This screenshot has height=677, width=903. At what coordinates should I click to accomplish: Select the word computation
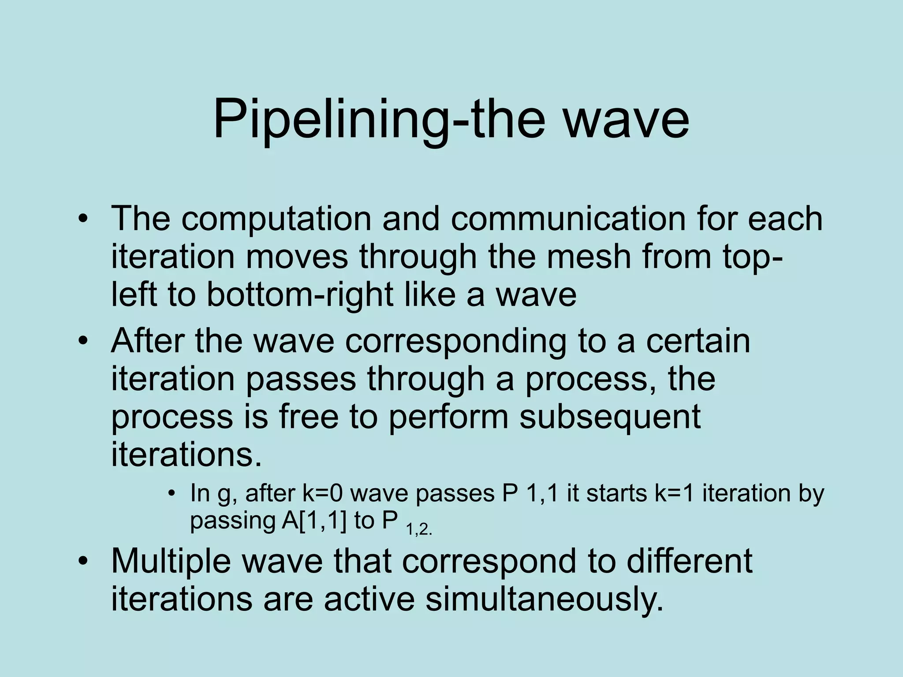[276, 219]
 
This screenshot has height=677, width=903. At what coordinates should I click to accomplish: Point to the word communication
[568, 219]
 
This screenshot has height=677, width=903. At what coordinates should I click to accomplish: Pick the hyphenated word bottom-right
[300, 294]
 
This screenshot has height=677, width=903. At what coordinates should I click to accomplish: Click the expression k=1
[674, 493]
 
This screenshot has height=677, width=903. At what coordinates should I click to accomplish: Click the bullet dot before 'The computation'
[82, 219]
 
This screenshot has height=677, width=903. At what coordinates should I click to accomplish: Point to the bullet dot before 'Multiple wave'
[82, 561]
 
